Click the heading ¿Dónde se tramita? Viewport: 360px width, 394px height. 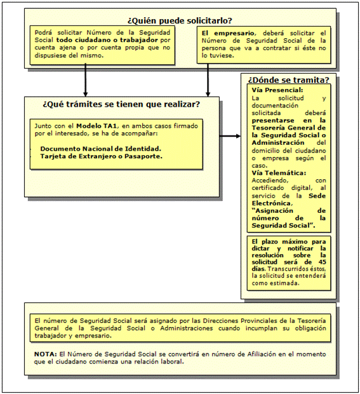[288, 80]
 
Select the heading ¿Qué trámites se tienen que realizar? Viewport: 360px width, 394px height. [121, 104]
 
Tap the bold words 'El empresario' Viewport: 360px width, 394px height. [223, 32]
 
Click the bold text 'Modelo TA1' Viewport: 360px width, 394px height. [96, 126]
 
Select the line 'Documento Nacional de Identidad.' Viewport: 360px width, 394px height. [100, 148]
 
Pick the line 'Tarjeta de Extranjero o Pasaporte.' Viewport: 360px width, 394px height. [101, 156]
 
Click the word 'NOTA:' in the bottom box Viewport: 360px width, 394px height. [44, 353]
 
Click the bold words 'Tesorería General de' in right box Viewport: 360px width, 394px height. [288, 128]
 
